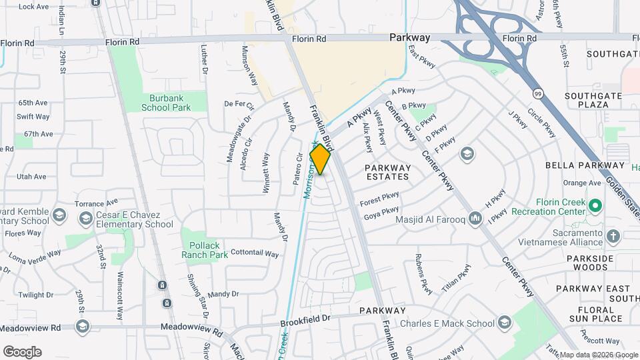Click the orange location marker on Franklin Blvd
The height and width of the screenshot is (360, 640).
[321, 159]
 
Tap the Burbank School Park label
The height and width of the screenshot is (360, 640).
[166, 103]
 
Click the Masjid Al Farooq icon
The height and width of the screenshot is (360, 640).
[475, 218]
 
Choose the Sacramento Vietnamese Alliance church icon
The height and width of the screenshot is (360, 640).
[613, 236]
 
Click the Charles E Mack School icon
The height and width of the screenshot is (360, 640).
[505, 324]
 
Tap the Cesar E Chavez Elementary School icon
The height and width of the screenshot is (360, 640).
[85, 218]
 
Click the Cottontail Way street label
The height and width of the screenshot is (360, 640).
[254, 253]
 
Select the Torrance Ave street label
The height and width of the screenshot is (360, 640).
[96, 201]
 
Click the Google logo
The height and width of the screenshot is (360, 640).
[22, 351]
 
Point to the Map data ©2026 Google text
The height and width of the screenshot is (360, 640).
[598, 355]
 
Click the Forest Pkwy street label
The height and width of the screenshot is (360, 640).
[379, 199]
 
